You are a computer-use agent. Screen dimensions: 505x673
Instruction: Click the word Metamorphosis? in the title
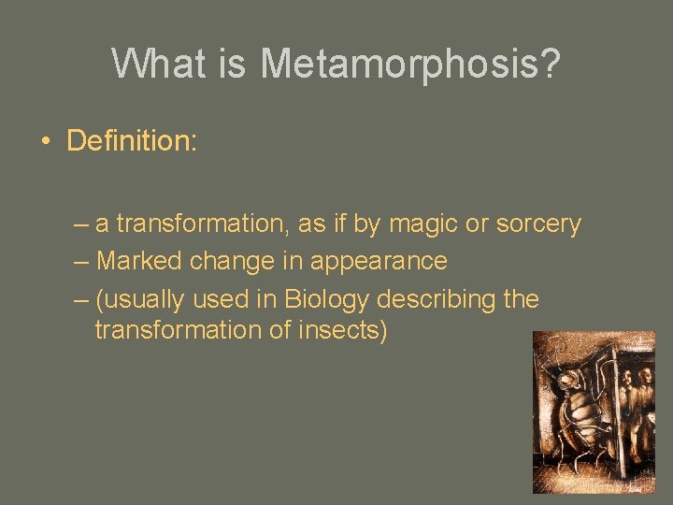pyautogui.click(x=410, y=65)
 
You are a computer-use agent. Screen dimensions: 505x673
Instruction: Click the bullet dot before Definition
pyautogui.click(x=44, y=142)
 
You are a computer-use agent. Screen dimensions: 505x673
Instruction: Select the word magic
pyautogui.click(x=427, y=224)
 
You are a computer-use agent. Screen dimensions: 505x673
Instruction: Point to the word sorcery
pyautogui.click(x=539, y=224)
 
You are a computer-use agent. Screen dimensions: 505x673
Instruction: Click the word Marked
pyautogui.click(x=139, y=261)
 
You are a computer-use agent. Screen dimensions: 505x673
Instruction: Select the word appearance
pyautogui.click(x=379, y=261)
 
